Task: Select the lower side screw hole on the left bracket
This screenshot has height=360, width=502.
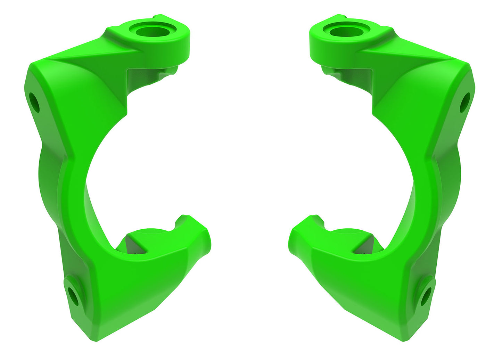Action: pyautogui.click(x=73, y=296)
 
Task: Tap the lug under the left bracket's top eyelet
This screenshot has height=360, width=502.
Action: pyautogui.click(x=171, y=71)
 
